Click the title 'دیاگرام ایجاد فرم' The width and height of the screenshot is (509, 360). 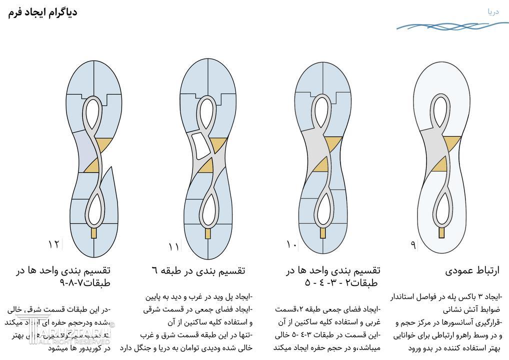(43, 12)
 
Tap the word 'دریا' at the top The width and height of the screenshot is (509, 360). (493, 11)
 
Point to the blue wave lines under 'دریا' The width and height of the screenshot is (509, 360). (452, 25)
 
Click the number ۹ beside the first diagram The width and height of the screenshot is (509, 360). (413, 245)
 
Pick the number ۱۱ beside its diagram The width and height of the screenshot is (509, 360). (173, 246)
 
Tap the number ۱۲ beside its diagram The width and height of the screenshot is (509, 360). (53, 244)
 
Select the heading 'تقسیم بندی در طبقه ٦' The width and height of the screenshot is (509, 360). (198, 270)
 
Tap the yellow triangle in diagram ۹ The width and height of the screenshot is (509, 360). (439, 164)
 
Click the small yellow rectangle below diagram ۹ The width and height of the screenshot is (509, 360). (442, 232)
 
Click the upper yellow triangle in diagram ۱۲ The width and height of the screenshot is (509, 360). (102, 144)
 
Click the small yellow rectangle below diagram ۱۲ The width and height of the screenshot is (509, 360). (93, 232)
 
